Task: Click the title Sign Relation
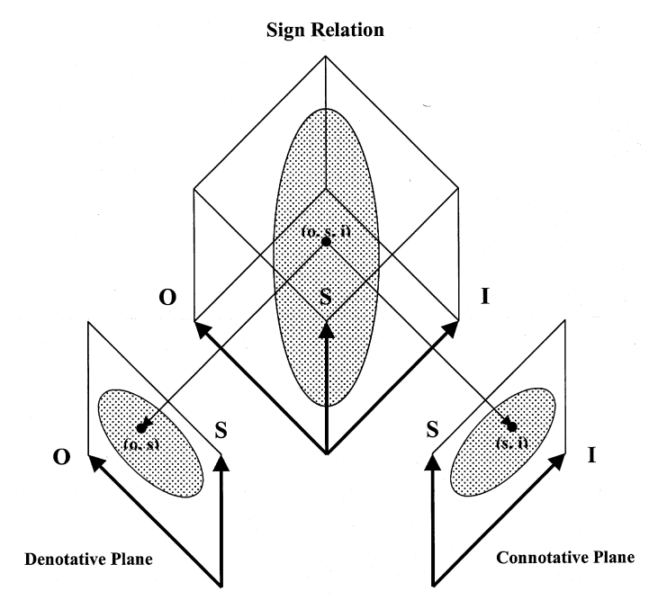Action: (326, 31)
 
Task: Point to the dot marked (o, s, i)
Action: (326, 241)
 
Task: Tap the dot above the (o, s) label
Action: (141, 427)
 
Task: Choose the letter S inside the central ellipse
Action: (326, 297)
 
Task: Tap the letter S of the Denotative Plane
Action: (221, 431)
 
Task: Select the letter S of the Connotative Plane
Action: (432, 429)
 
